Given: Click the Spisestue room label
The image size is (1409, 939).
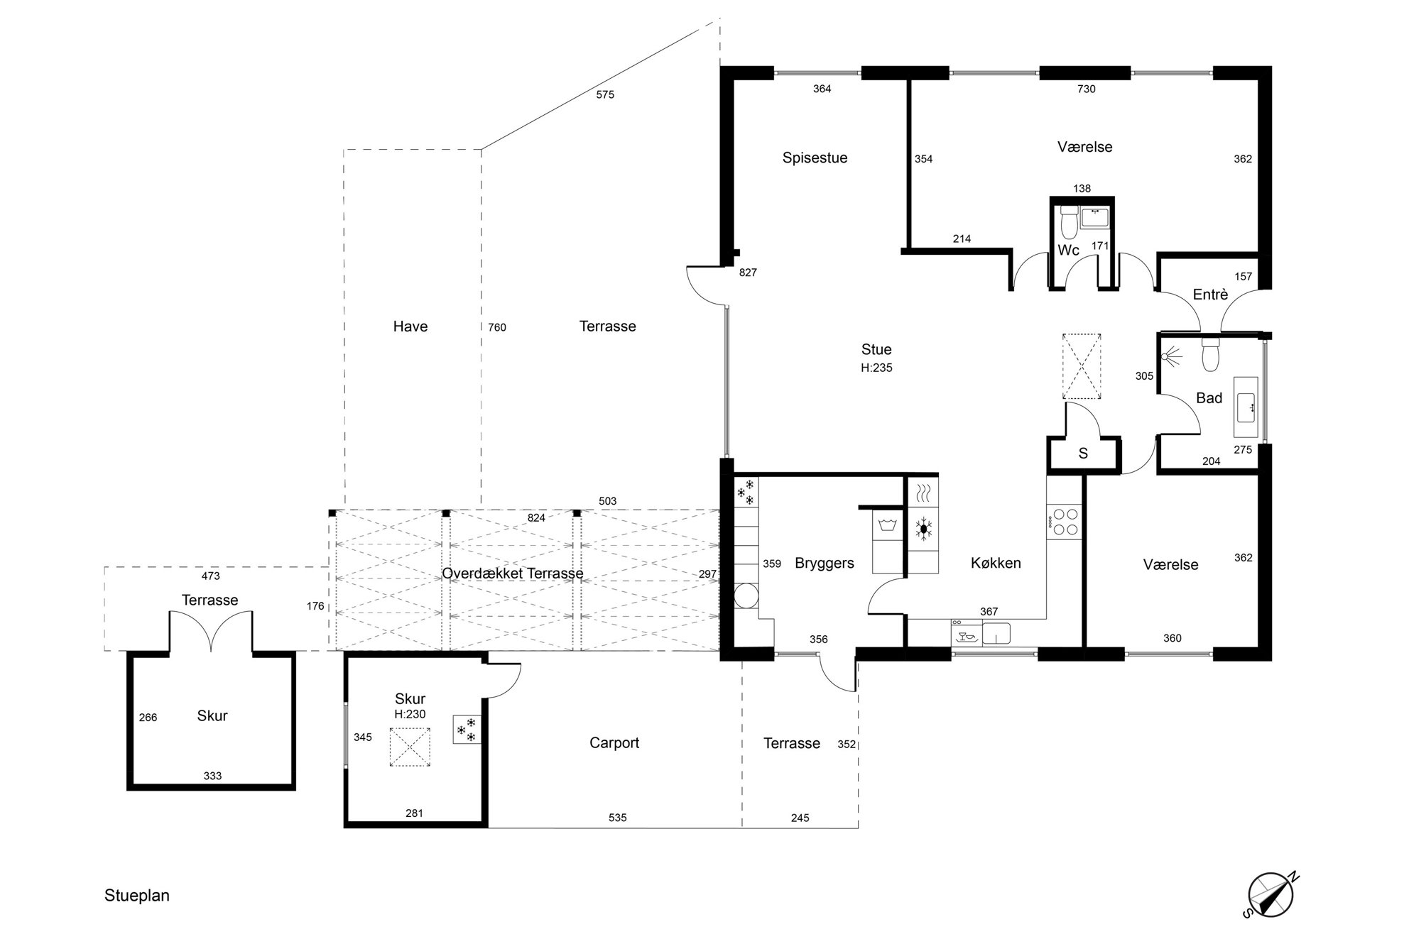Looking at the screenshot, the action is click(x=815, y=158).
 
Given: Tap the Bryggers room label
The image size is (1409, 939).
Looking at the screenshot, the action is click(x=824, y=564).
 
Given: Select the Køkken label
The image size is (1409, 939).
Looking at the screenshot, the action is click(x=996, y=563).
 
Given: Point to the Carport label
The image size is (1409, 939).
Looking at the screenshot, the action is click(x=614, y=743).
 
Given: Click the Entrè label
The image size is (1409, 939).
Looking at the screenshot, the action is click(x=1210, y=294).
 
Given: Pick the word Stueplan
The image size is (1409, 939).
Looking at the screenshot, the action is click(x=137, y=896).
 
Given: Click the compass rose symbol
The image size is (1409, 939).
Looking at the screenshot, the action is click(x=1272, y=895).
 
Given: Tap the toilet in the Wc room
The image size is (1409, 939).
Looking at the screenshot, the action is click(x=1067, y=222).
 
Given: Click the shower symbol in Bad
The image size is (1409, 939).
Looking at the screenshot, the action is click(x=1173, y=356).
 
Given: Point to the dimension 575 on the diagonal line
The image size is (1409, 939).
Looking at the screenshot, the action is click(x=605, y=94).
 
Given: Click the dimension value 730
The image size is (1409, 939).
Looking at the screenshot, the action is click(x=1087, y=89).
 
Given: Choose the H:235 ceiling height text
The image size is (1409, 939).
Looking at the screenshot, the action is click(x=876, y=368).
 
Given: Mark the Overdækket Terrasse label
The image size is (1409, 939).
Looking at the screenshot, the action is click(x=513, y=573).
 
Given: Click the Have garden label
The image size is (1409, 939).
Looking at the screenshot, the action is click(x=410, y=326).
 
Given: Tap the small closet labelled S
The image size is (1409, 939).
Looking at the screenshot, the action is click(x=1083, y=454).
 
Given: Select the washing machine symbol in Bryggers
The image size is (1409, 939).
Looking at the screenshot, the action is click(x=888, y=526).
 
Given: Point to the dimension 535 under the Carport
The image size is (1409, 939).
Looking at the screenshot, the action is click(x=618, y=818).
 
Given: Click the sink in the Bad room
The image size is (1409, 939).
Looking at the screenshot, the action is click(x=1246, y=407).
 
